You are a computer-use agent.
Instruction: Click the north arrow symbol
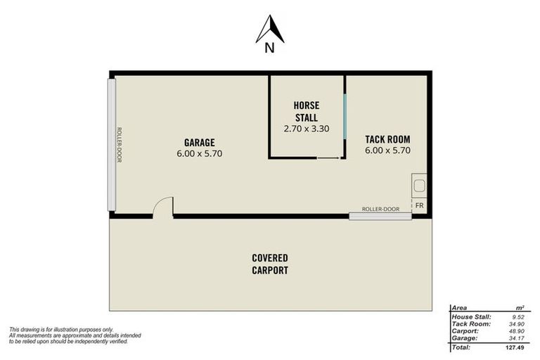[270, 29]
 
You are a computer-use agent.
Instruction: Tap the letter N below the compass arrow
[270, 49]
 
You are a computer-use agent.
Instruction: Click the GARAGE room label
[200, 143]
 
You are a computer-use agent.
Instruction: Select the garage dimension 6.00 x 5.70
[200, 154]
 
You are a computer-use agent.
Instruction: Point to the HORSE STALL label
[306, 111]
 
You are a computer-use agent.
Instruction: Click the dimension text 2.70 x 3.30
[306, 129]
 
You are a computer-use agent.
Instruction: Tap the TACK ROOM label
[387, 139]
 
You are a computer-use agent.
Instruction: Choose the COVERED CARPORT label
[270, 264]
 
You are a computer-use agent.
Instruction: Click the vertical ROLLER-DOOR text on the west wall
[119, 145]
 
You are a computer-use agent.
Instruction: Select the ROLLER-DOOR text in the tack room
[380, 209]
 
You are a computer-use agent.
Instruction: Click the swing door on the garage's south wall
[163, 207]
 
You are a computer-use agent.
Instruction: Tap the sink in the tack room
[419, 186]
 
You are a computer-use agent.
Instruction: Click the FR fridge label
[419, 206]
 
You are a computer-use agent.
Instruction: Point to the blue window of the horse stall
[345, 117]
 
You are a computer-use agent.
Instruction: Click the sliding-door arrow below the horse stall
[328, 158]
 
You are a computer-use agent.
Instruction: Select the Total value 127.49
[515, 347]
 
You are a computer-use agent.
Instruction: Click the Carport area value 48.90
[517, 331]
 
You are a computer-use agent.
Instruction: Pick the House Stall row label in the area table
[471, 317]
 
